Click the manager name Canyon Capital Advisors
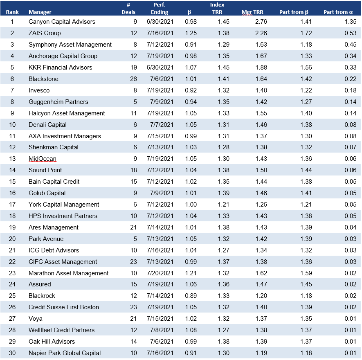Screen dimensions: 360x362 [62, 22]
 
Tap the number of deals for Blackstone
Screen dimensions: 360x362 [133, 79]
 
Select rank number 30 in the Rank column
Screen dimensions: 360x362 [13, 353]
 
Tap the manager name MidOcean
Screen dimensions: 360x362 [43, 159]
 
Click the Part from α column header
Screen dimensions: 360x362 [338, 12]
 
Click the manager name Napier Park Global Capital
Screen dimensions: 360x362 [65, 353]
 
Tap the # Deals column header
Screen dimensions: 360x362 [131, 9]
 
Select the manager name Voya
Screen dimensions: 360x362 [36, 319]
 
